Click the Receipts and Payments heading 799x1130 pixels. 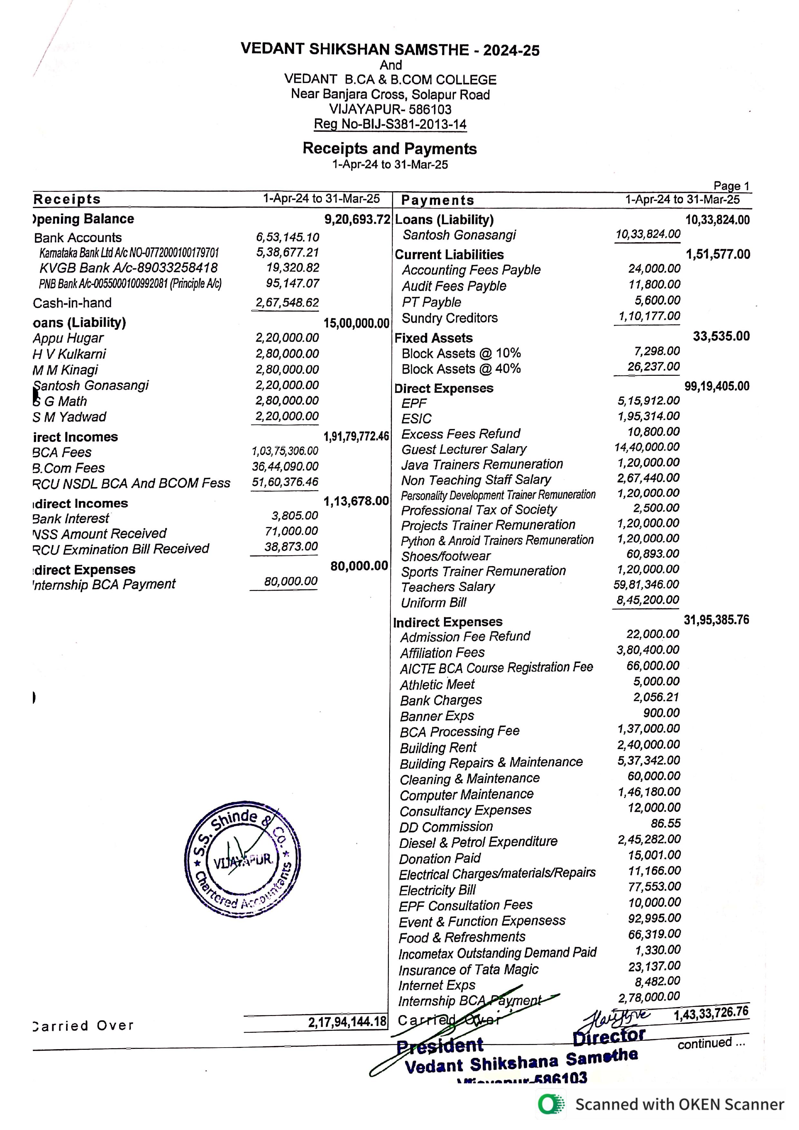point(390,149)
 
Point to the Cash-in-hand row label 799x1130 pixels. point(72,303)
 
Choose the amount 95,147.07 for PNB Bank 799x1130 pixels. point(293,283)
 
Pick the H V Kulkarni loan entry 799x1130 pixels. point(69,354)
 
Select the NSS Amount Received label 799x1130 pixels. point(100,534)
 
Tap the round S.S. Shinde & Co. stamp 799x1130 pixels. point(242,859)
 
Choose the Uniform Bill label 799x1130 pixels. point(433,603)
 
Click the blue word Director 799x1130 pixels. point(609,1036)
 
